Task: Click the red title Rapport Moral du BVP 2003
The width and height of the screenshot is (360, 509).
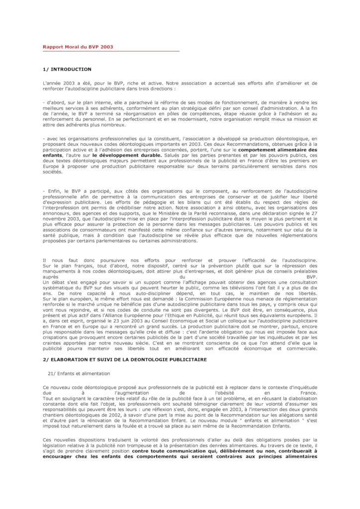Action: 78,47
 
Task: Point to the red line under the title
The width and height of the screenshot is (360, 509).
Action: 110,51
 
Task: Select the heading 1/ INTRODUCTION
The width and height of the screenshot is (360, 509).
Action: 67,69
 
